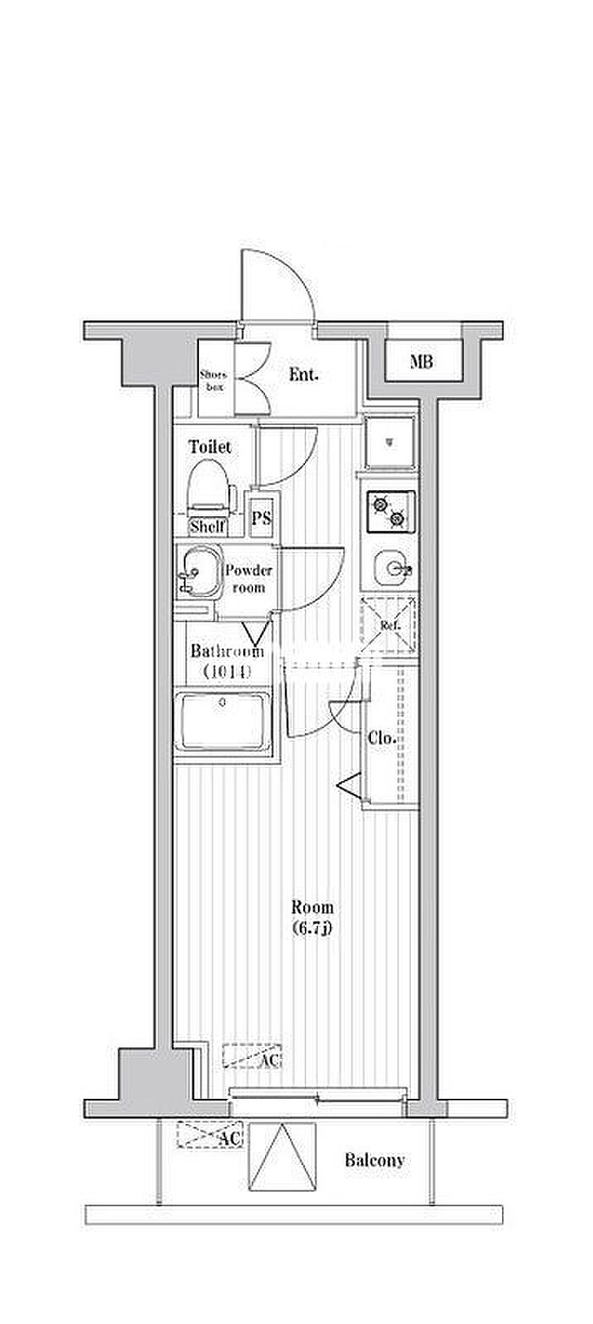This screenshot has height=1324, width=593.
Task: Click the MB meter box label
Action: pos(421,363)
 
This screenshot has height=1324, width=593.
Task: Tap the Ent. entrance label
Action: pos(303,375)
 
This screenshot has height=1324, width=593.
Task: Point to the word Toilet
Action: pos(210,447)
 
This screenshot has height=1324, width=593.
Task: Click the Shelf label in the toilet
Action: pos(208,527)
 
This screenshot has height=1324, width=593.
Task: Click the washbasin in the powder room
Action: pos(197,572)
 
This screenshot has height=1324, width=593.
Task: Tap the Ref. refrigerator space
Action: pos(390,625)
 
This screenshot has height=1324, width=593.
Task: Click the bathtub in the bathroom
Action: pos(222,721)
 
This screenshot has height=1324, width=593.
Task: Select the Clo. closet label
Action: pos(382,738)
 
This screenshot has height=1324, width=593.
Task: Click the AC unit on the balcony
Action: pos(209,1135)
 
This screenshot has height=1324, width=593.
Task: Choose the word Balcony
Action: pos(374,1160)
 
